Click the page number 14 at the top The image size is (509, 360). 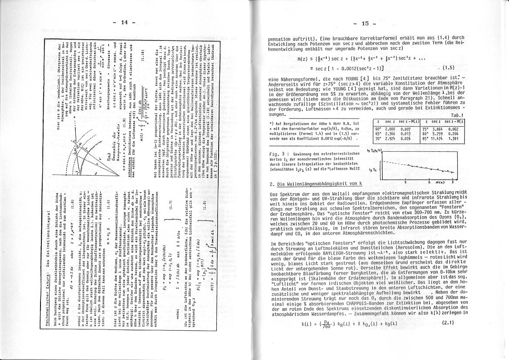[x=124, y=23]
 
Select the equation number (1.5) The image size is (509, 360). [x=448, y=68]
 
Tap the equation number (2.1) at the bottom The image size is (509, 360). [x=448, y=323]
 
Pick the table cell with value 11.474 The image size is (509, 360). [x=441, y=139]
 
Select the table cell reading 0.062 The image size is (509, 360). [x=455, y=129]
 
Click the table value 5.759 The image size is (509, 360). [x=441, y=134]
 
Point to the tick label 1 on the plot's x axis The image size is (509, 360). [x=405, y=181]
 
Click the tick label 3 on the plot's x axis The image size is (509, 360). [x=453, y=181]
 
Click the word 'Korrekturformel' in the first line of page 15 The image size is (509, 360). [x=374, y=38]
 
